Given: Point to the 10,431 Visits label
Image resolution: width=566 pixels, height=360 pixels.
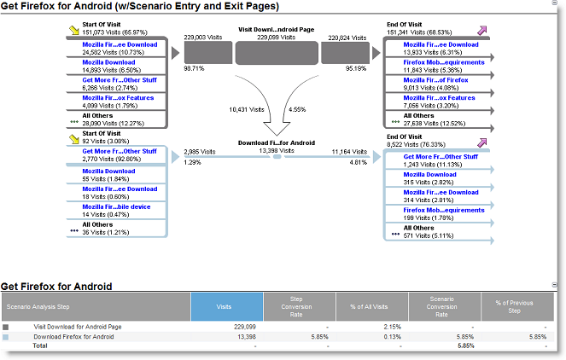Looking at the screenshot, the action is tap(247, 109).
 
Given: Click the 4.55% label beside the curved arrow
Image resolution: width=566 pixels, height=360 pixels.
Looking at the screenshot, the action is tap(297, 109).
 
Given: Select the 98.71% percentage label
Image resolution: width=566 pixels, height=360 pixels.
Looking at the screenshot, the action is tap(194, 68).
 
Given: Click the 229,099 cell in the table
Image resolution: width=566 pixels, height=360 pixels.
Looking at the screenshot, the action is tap(245, 327).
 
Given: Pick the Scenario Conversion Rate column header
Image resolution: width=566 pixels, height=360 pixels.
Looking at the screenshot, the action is tap(442, 306).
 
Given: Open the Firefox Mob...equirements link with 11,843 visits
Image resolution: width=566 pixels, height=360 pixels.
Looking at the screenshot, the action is tap(444, 62).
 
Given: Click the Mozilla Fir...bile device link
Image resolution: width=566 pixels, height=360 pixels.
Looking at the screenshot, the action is tap(116, 206).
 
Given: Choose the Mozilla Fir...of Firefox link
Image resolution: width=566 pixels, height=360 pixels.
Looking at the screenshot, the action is tap(435, 79).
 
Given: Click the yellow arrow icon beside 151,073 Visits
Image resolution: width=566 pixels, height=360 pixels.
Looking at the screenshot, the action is tap(74, 30).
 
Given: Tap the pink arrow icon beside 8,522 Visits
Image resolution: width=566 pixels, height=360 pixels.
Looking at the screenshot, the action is tap(481, 142).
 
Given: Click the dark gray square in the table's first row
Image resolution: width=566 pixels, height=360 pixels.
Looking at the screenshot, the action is tap(5, 328).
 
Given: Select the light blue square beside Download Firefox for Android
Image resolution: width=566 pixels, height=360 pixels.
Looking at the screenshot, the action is tap(5, 337).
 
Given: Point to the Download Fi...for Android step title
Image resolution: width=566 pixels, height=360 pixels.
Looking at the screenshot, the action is tap(277, 142).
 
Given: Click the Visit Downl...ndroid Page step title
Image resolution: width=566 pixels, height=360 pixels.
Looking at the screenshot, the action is tap(276, 30).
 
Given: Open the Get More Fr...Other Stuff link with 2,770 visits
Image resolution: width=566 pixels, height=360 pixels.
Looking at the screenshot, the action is tap(120, 151).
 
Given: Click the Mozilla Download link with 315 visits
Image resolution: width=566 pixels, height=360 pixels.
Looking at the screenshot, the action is tap(430, 174).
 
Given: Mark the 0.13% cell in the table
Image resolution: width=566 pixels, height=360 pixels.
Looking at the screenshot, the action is tap(393, 337).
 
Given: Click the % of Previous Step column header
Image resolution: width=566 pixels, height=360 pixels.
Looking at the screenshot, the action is tap(514, 306).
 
